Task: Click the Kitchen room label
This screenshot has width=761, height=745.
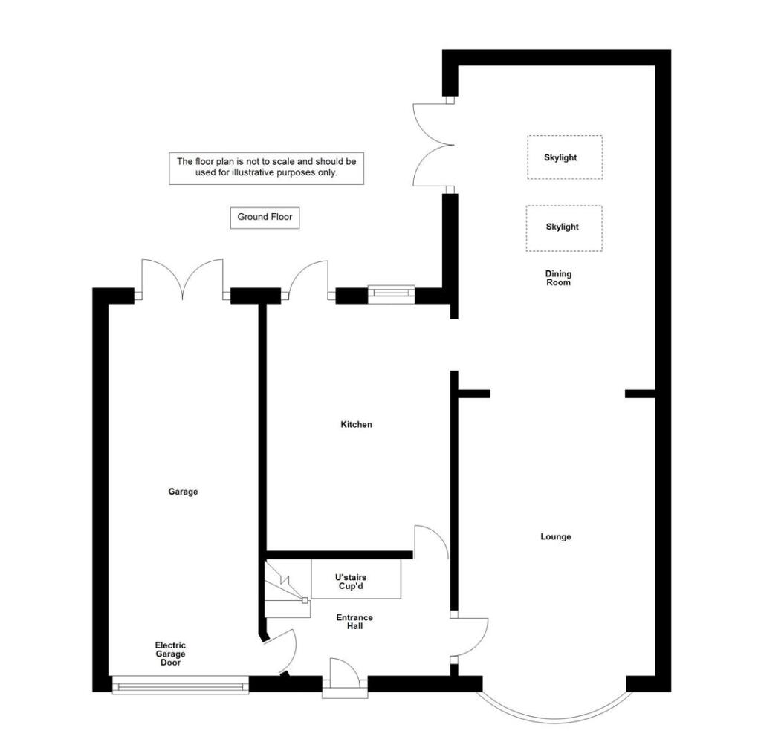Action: [x=356, y=425]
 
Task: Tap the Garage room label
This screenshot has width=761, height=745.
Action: [x=183, y=492]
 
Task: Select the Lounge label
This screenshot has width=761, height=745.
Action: [x=555, y=536]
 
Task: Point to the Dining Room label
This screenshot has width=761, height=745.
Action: [x=558, y=278]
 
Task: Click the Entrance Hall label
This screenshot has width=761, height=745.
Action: [x=354, y=622]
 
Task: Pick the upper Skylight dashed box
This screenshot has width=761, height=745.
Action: [x=565, y=157]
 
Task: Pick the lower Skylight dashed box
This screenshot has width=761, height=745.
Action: [x=563, y=227]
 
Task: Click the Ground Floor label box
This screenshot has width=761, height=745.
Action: [x=265, y=218]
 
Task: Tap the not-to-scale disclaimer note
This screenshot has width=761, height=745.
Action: [x=266, y=168]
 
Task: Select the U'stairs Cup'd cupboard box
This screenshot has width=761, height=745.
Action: [x=356, y=581]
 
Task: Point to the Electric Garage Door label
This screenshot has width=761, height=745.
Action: [x=170, y=654]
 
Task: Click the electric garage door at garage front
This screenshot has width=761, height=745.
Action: [x=181, y=685]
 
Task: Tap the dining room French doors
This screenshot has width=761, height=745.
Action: [x=431, y=145]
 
